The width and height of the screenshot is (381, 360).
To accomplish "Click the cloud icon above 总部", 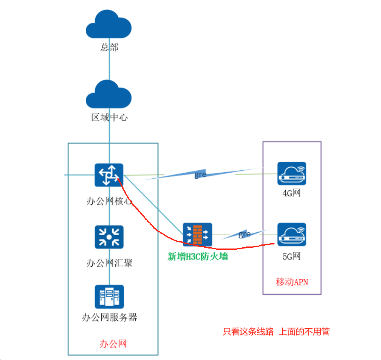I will pos(109,25).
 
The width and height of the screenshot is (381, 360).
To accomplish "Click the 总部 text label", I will pos(109,47).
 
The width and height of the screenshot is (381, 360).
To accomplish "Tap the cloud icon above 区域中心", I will pos(109,94).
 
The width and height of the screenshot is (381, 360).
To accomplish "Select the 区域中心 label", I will pos(109,118).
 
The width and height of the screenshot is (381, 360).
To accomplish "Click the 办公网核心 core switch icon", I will pos(109,175).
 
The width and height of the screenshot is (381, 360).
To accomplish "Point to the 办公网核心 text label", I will pos(109,201).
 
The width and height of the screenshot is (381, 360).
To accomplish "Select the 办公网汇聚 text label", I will pos(109,263).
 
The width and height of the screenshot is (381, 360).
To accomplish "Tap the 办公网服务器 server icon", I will pos(109,297).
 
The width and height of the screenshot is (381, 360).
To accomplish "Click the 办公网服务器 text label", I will pos(110,317).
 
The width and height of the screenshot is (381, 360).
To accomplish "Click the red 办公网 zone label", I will pos(113,344).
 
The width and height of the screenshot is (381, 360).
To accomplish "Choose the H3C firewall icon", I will pos(197,234).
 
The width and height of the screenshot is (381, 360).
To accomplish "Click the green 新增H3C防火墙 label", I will pos(198,256).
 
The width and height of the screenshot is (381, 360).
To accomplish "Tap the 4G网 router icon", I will pos(292,174).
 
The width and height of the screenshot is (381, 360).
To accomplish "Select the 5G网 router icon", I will pos(292,235).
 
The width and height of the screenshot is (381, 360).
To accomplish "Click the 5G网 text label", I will pos(292,256).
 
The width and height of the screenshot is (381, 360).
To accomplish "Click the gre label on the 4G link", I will pos(200,175).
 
